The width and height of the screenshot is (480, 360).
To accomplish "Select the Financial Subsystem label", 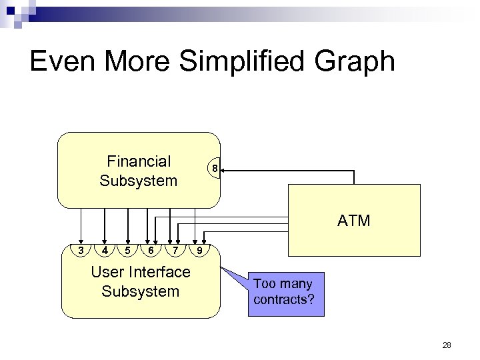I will tap(139, 171).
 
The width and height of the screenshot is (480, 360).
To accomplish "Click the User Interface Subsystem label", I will tap(141, 281).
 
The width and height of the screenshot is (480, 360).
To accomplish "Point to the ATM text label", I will tap(353, 221).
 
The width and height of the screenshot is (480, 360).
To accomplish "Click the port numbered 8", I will tap(214, 169).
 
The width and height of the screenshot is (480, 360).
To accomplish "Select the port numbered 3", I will tap(81, 250).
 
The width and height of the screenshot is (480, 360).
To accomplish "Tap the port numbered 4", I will tap(105, 250).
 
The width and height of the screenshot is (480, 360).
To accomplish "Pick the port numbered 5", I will tap(127, 250).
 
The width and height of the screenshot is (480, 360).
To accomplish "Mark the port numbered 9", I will tap(197, 250).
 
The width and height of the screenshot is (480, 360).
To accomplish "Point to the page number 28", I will tap(446, 345).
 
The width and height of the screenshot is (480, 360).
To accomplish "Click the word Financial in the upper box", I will tap(139, 161).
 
